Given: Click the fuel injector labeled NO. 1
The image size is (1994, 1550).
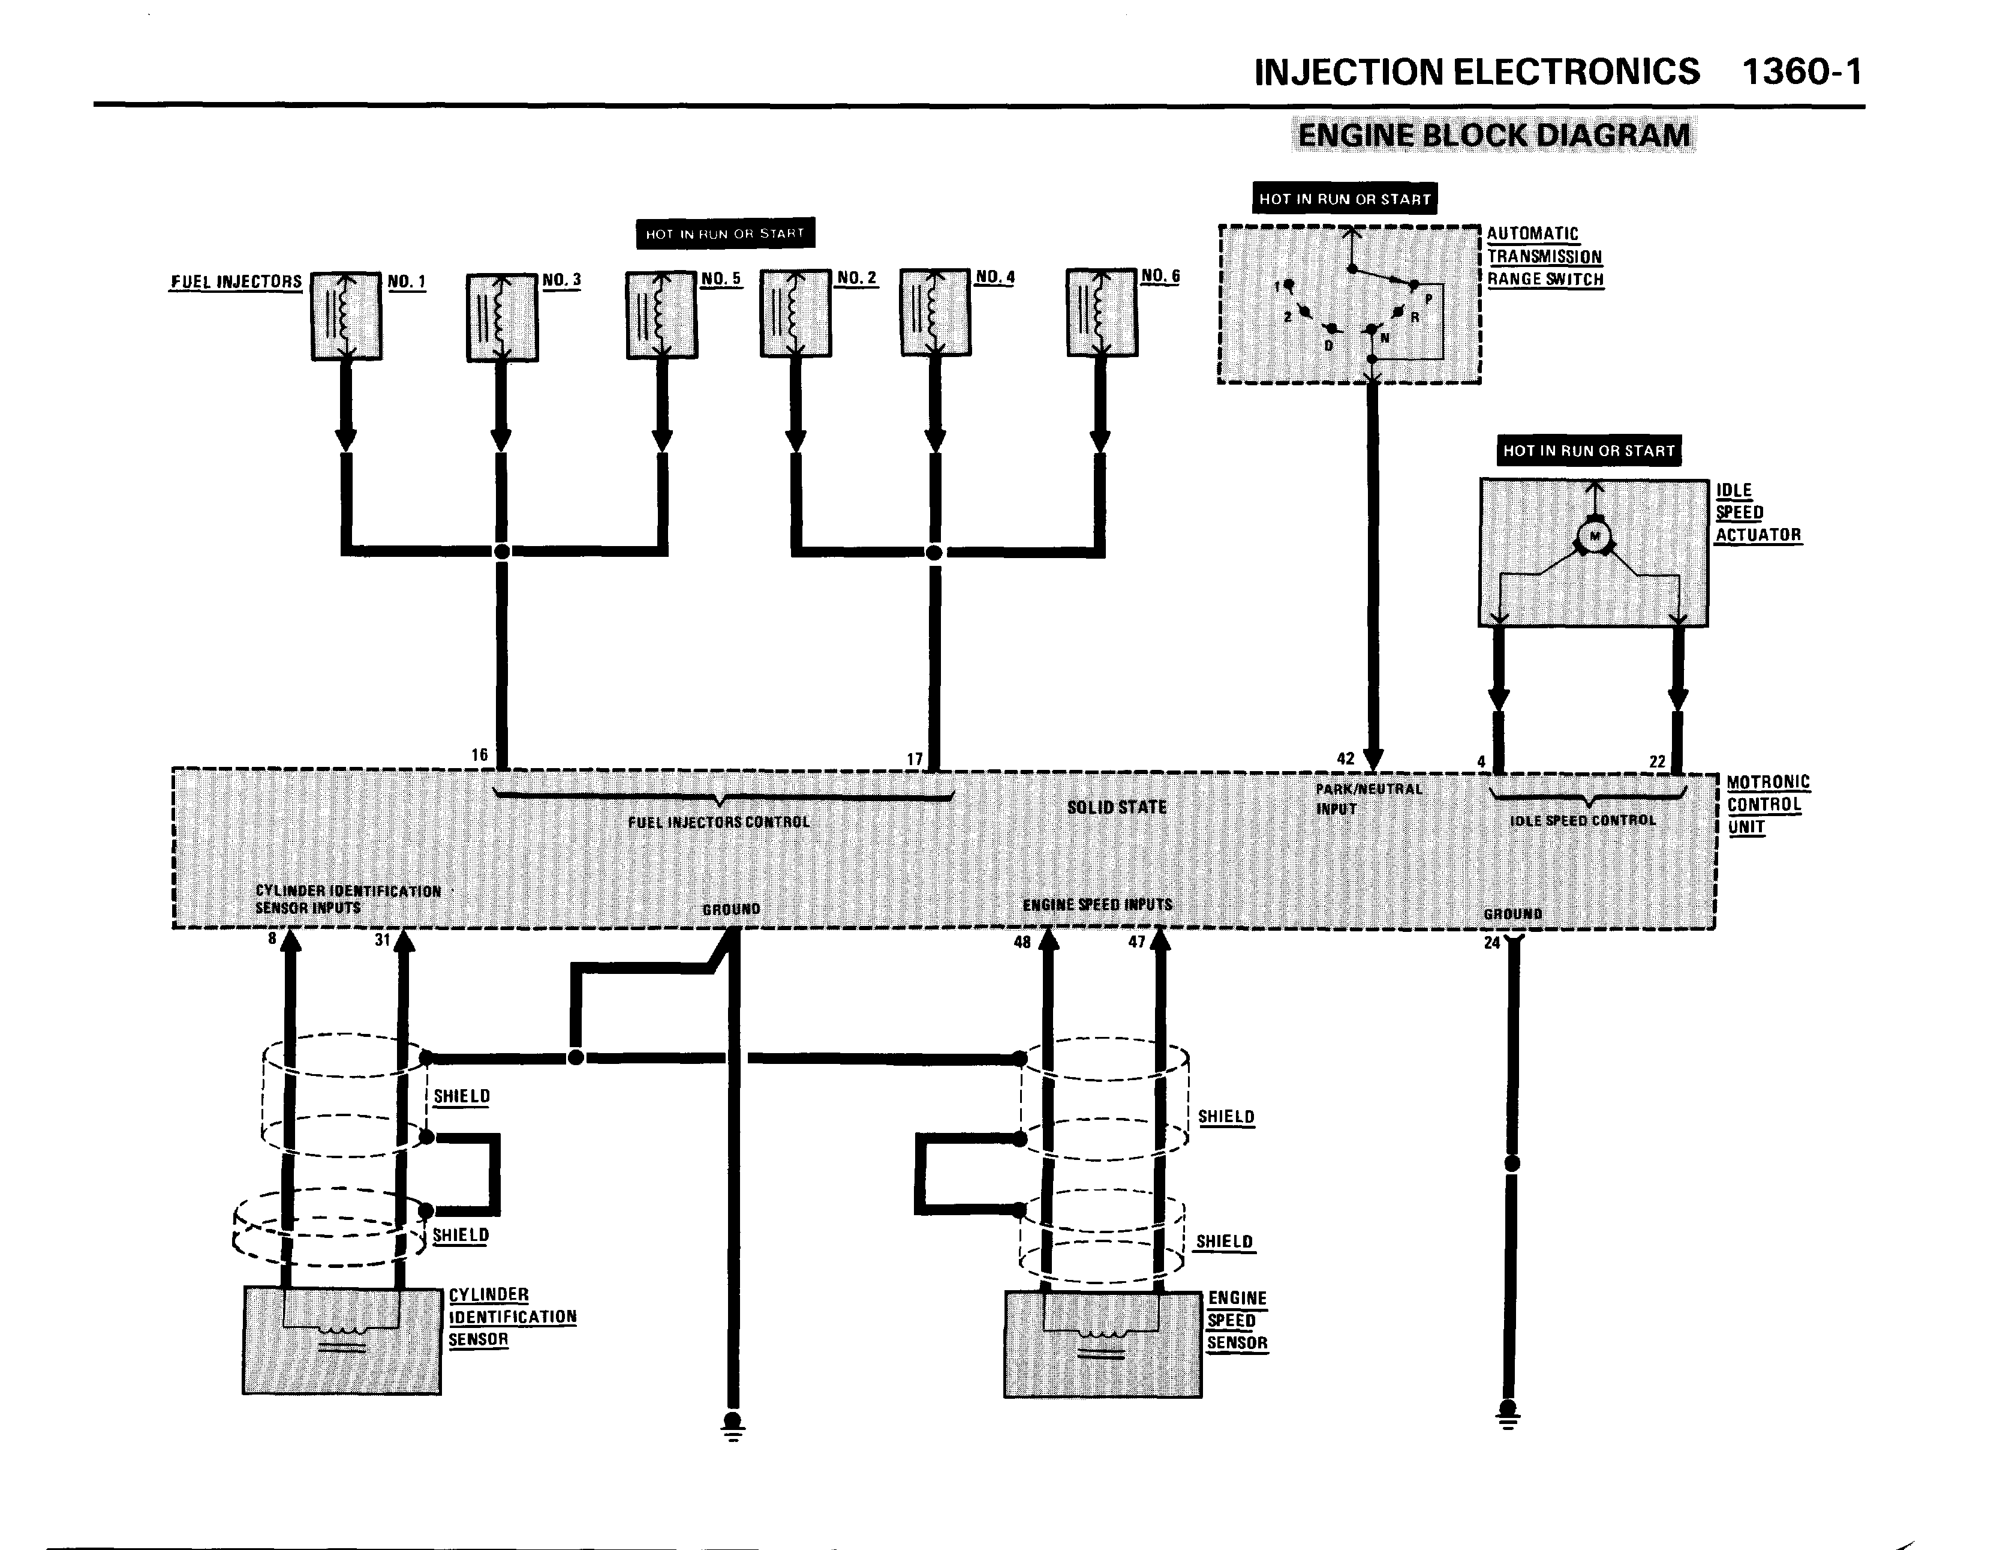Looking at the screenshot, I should (x=346, y=316).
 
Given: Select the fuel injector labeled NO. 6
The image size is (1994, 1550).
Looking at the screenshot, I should (x=1102, y=313).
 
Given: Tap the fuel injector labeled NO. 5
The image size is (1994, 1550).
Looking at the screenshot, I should (x=662, y=315).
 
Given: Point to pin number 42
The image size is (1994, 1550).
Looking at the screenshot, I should (x=1346, y=758).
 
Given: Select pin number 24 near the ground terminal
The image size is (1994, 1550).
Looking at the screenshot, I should (x=1492, y=943).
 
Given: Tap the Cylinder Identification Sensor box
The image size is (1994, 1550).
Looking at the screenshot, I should (x=341, y=1340).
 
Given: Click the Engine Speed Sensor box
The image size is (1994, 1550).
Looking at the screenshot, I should (x=1102, y=1345).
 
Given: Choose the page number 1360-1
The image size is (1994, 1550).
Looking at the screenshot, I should (x=1801, y=72).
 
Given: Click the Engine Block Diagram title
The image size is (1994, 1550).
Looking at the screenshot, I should (x=1494, y=135).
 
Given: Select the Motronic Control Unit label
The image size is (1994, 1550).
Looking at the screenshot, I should (x=1767, y=805).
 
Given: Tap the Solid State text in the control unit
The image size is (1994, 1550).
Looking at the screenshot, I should (x=1117, y=808).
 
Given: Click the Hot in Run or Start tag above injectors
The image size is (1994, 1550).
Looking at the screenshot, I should (x=725, y=234).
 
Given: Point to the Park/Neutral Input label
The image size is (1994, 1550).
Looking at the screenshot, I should (x=1369, y=798).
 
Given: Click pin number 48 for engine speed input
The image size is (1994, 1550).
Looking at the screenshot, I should (x=1022, y=942).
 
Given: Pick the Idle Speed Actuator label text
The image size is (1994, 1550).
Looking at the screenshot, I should (x=1758, y=512).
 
